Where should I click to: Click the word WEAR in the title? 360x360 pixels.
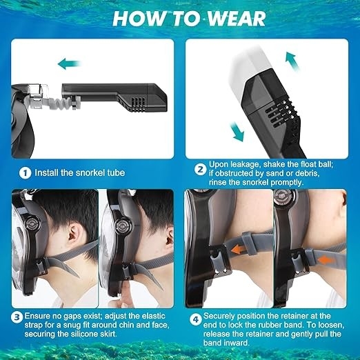pos(237,19)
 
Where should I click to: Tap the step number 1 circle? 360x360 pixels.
pos(25,173)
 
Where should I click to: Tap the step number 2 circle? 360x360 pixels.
pos(201,170)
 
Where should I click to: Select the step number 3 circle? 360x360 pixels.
pos(17,317)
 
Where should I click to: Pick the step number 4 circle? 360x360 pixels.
pos(195,319)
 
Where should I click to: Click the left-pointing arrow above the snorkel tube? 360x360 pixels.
pos(69,63)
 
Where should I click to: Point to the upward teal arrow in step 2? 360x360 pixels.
pos(292,61)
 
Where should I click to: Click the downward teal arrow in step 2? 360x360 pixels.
pos(237,132)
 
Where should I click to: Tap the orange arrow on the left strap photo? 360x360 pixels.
pos(239,250)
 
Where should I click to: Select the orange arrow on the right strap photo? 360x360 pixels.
pos(325,260)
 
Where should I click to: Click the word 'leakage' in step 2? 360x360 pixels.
pos(246,165)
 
